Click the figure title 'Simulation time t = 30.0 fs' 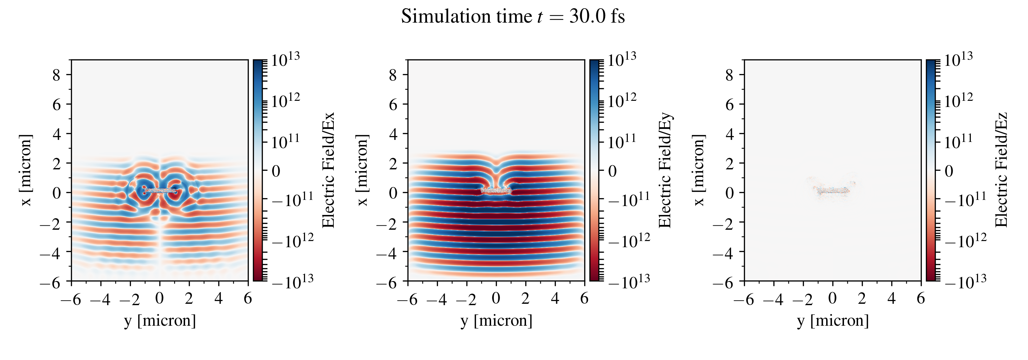click(x=513, y=17)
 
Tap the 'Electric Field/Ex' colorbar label click(x=328, y=170)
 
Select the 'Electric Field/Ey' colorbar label click(x=665, y=170)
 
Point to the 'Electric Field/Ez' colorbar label click(x=1001, y=170)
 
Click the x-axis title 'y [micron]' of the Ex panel click(x=160, y=321)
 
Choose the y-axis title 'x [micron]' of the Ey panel click(x=362, y=170)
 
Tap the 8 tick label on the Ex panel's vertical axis click(x=56, y=75)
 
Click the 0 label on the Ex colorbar click(x=276, y=171)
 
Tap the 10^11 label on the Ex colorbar click(x=285, y=141)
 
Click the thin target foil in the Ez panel click(x=832, y=191)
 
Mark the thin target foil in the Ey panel click(x=496, y=191)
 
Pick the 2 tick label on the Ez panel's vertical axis click(x=730, y=163)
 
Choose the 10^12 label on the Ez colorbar click(x=958, y=100)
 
